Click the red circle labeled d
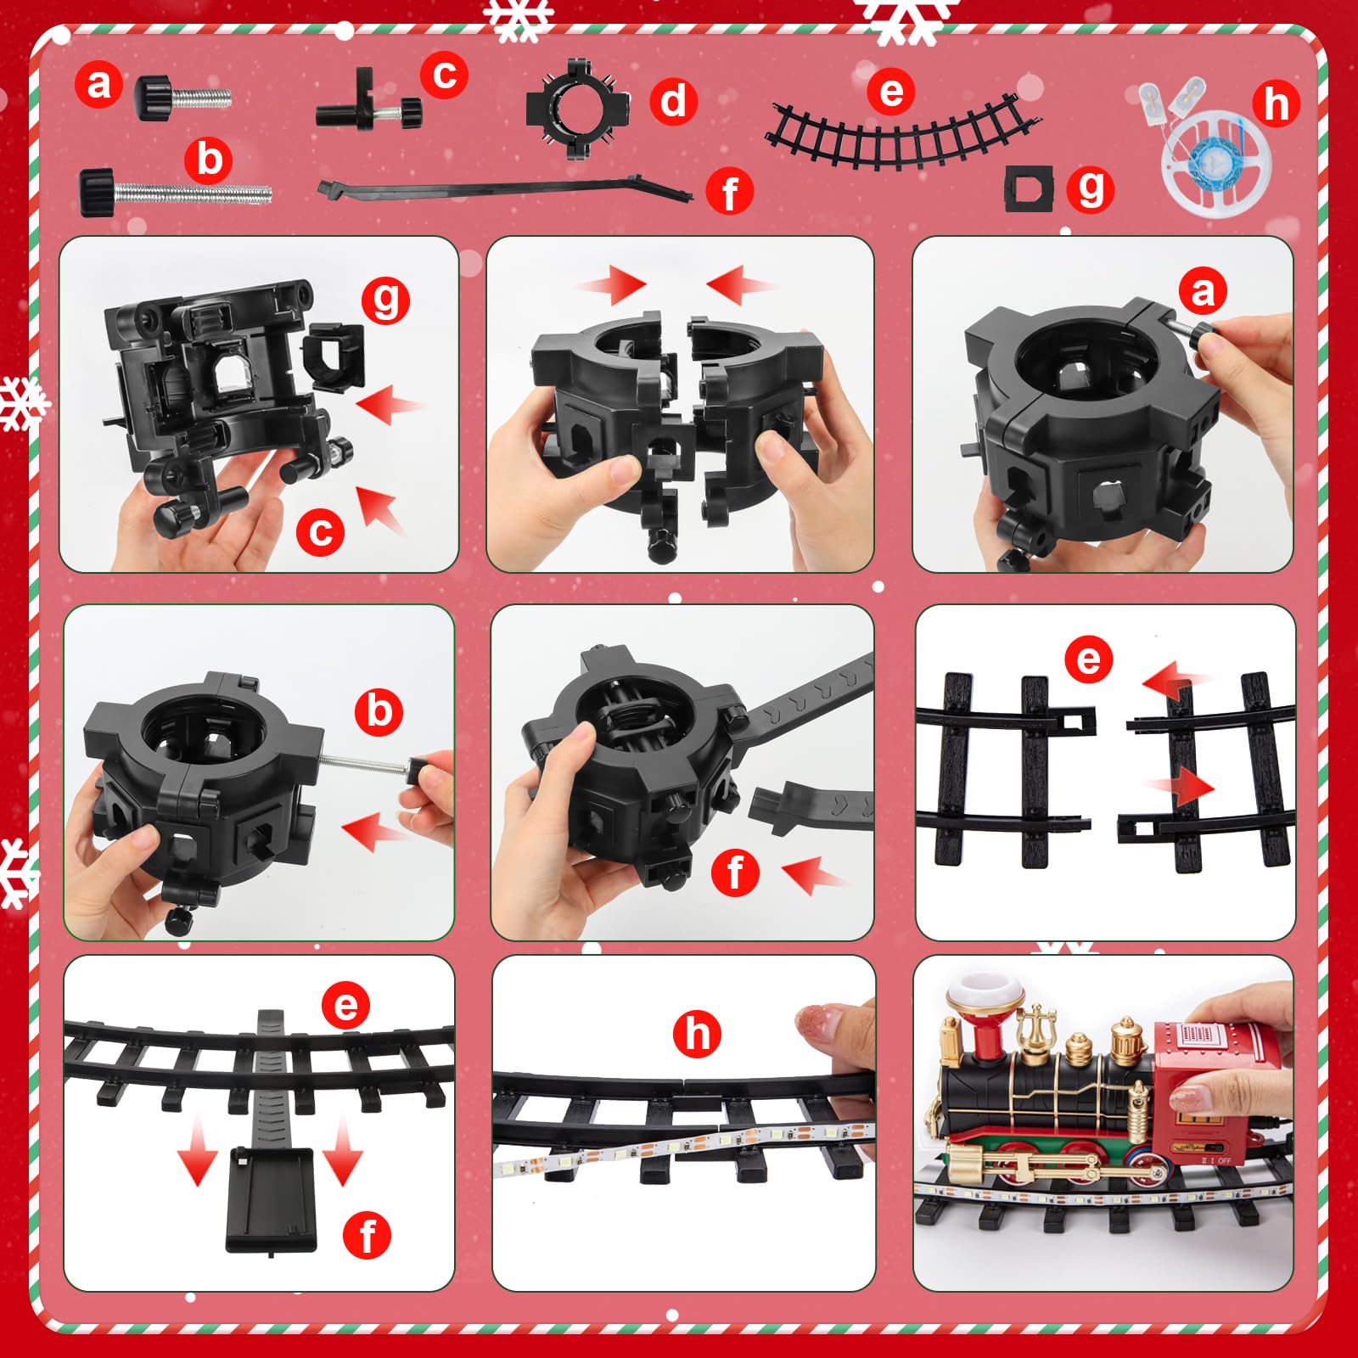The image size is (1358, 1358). click(x=674, y=101)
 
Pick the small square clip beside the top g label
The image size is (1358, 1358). click(x=1028, y=188)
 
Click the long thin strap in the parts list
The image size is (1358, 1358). click(x=506, y=188)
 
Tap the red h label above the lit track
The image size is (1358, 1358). click(x=697, y=1034)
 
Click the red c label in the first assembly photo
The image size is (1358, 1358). click(x=320, y=532)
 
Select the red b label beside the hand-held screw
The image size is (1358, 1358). click(x=379, y=711)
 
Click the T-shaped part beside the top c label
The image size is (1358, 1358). click(x=369, y=104)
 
